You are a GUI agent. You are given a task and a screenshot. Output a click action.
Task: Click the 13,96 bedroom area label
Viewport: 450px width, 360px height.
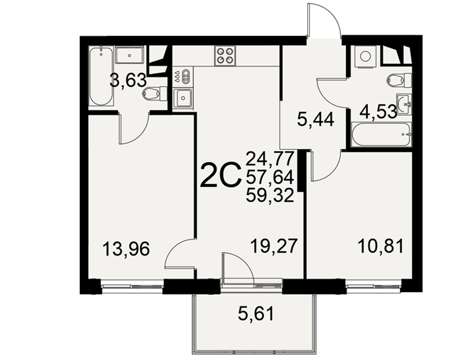click(x=126, y=248)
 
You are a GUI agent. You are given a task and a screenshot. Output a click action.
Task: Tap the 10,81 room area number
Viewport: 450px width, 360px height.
click(x=381, y=246)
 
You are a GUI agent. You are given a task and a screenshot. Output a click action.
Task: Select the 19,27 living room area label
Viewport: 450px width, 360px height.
click(x=273, y=246)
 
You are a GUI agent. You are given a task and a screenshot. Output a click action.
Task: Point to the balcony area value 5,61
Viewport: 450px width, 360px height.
click(x=256, y=314)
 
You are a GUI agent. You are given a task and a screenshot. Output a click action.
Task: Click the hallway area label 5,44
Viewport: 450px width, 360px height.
click(x=316, y=119)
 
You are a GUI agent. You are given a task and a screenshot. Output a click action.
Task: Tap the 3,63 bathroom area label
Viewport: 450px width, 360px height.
click(x=128, y=81)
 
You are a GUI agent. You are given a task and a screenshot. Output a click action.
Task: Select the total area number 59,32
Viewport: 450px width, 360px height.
click(x=270, y=196)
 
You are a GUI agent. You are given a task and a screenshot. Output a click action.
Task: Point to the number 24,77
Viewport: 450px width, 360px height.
click(x=270, y=158)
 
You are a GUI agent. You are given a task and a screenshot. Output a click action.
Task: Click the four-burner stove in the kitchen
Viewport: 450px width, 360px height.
click(x=225, y=56)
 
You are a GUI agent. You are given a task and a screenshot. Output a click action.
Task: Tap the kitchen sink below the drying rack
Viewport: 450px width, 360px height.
click(x=183, y=98)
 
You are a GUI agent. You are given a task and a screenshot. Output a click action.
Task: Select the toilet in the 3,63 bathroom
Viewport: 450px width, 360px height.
click(x=155, y=94)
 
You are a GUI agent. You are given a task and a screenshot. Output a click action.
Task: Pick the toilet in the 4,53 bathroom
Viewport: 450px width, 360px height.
click(x=399, y=81)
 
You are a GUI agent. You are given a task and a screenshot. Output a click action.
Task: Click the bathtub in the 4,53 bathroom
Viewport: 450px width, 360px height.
click(x=382, y=135)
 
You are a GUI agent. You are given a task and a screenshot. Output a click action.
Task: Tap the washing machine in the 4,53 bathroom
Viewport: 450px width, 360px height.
click(x=365, y=57)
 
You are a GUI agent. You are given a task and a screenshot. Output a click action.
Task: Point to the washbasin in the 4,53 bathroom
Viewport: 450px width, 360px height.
click(x=404, y=104)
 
